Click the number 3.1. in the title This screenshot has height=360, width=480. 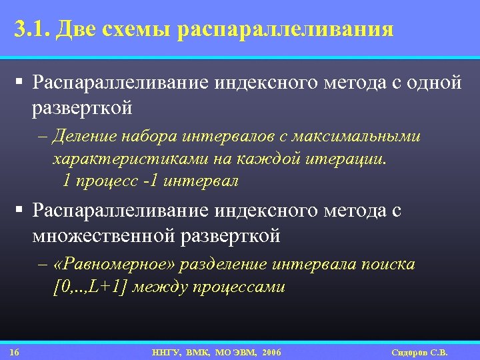click(31, 29)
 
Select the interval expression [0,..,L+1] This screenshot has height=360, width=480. click(92, 287)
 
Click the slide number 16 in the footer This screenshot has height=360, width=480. click(15, 352)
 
